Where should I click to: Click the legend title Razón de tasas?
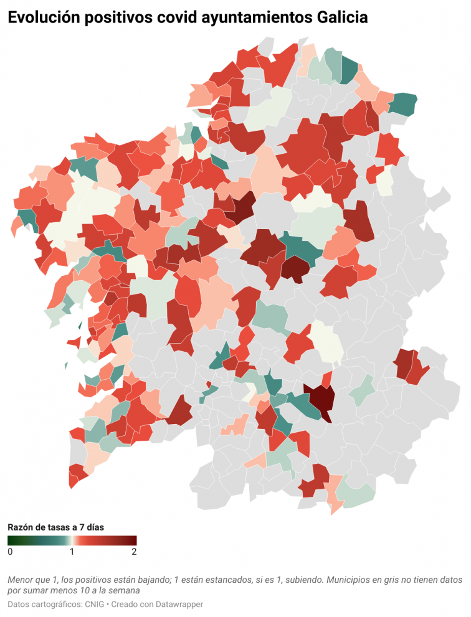(x=55, y=527)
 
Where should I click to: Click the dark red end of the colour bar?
(x=133, y=540)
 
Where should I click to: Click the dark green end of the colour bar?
(x=11, y=540)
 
